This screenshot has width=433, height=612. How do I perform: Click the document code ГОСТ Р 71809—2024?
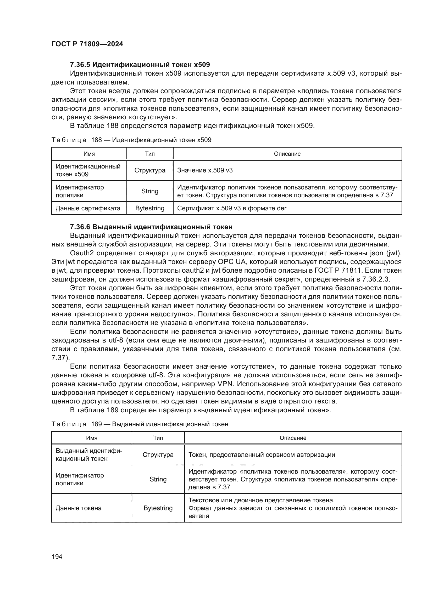click(87, 44)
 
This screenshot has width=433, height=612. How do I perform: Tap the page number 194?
click(57, 557)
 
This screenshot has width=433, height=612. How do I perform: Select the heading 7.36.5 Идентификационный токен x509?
click(140, 65)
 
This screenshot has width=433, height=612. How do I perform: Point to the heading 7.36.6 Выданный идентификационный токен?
click(151, 227)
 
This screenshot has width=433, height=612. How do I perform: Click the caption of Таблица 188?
click(131, 140)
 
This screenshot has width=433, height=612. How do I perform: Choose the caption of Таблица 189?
click(140, 424)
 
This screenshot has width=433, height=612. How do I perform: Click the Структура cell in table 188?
click(150, 170)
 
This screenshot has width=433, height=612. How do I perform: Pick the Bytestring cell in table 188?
click(150, 208)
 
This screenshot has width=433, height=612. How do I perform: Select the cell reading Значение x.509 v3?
click(205, 170)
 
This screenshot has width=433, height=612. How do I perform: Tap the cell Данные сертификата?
click(88, 208)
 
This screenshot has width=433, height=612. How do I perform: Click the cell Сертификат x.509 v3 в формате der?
click(232, 208)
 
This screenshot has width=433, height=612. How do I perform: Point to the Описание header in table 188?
click(287, 154)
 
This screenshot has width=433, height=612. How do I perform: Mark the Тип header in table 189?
click(158, 438)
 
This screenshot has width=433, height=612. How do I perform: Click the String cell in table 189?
click(158, 479)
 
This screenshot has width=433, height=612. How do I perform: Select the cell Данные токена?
click(79, 508)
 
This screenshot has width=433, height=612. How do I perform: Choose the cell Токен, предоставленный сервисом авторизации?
click(262, 455)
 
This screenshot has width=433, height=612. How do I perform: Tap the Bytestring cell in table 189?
click(158, 508)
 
